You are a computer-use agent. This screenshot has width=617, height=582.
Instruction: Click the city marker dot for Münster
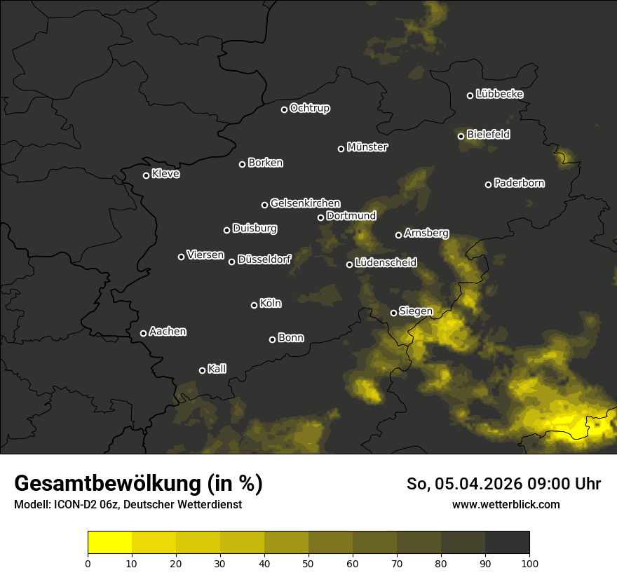tap(341, 149)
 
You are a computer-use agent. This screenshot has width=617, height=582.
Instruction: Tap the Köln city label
tap(271, 304)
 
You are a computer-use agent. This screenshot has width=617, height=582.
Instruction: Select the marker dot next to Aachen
tap(144, 333)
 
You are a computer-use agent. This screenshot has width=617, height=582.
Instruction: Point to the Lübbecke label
tap(499, 94)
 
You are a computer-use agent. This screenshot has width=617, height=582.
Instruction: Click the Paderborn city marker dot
tap(489, 184)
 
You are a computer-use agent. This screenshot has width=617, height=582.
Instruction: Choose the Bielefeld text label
tap(488, 134)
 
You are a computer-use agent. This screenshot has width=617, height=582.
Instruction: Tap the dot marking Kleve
tap(147, 175)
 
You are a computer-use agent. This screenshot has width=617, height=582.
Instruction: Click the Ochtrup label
tap(309, 108)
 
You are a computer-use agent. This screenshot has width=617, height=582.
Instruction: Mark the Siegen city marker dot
tap(393, 313)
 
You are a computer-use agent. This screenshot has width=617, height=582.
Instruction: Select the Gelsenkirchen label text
tap(305, 203)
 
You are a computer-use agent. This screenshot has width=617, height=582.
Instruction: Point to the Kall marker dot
tap(203, 370)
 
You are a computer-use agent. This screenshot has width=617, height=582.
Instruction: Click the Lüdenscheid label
tap(386, 263)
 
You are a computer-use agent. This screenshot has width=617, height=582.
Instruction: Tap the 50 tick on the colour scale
tap(308, 563)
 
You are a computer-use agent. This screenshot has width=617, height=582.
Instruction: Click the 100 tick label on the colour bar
tap(529, 563)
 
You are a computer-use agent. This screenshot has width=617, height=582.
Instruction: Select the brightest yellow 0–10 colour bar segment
tap(110, 543)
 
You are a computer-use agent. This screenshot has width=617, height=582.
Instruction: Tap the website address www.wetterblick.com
tap(506, 504)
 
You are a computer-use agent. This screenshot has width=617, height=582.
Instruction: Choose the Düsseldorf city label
tap(264, 259)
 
